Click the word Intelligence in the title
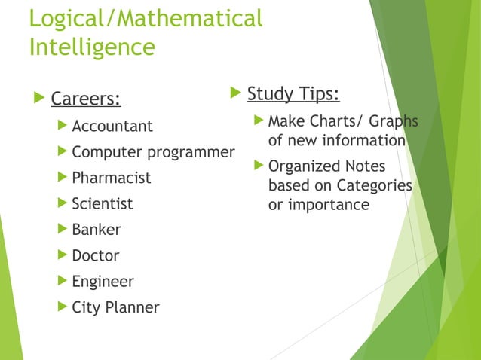(x=91, y=47)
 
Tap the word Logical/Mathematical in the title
(x=146, y=18)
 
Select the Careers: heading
(x=85, y=99)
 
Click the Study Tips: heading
(x=293, y=95)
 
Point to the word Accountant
(x=112, y=126)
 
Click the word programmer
(x=191, y=152)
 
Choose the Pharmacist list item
(x=111, y=178)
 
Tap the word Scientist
(x=102, y=203)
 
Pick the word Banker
(x=96, y=230)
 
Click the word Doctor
(x=95, y=255)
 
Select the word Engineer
(x=103, y=282)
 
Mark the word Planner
(x=133, y=307)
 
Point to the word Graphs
(x=393, y=121)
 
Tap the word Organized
(x=305, y=166)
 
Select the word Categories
(x=375, y=185)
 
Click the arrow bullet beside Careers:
(x=40, y=99)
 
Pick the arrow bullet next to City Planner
(x=63, y=307)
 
